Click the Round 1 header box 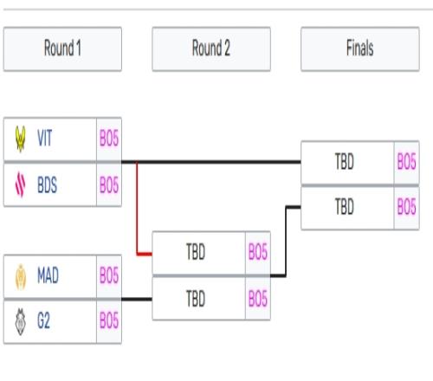(62, 48)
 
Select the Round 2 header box (211, 48)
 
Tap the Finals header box (360, 48)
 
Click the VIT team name (45, 139)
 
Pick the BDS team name (48, 184)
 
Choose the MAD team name (48, 275)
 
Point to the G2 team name (43, 320)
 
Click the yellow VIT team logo (21, 139)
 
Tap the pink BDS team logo (20, 184)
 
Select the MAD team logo (21, 276)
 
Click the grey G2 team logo (21, 321)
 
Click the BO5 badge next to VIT (109, 139)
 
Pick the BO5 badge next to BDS (109, 184)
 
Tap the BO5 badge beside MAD (109, 275)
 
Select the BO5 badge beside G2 (109, 320)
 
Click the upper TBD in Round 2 (196, 252)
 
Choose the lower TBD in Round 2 (196, 299)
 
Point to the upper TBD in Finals (345, 161)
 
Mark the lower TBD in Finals (345, 207)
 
